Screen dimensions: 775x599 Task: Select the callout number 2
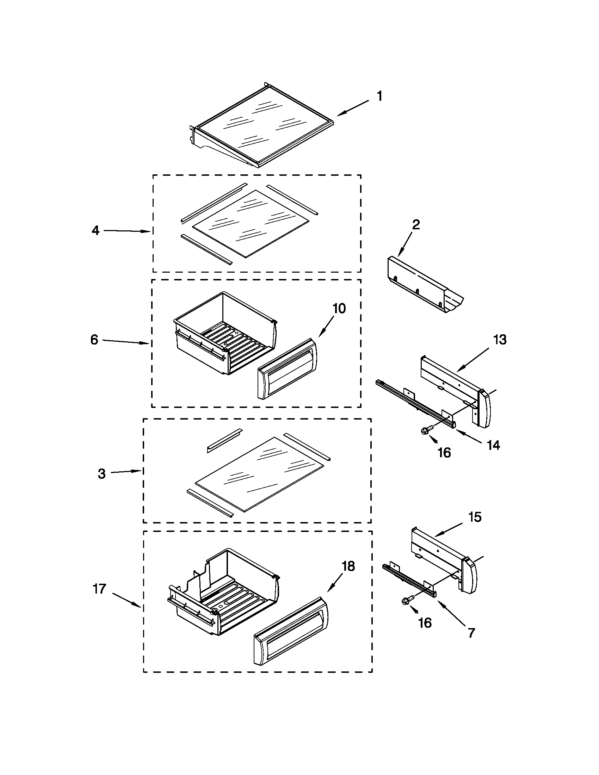point(416,225)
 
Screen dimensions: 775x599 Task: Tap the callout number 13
point(500,340)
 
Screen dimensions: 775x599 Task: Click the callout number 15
point(475,517)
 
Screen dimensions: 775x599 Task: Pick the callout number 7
point(471,633)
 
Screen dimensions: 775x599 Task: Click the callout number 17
point(99,589)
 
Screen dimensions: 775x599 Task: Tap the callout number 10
point(339,309)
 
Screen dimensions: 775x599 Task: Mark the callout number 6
point(94,340)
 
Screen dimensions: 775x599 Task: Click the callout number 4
point(95,230)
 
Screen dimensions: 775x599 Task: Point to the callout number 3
point(102,474)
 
